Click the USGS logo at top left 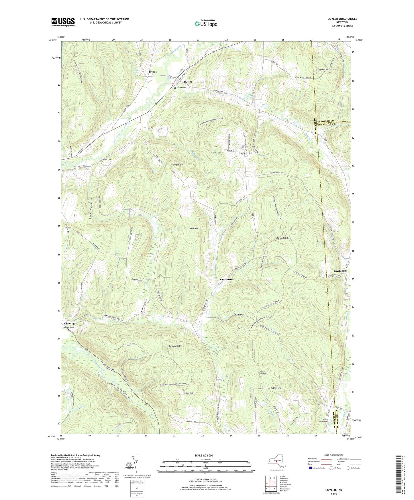click(63, 22)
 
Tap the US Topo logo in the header click(205, 23)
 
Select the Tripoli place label click(153, 72)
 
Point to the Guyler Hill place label click(246, 153)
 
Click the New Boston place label click(227, 279)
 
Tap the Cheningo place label click(70, 324)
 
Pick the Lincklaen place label click(340, 271)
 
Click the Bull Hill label click(194, 229)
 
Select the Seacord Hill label click(174, 346)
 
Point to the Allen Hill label click(189, 393)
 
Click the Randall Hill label click(282, 238)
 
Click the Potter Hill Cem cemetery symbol click(260, 377)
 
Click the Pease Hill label click(178, 165)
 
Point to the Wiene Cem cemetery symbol click(103, 162)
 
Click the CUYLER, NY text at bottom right click(333, 490)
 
